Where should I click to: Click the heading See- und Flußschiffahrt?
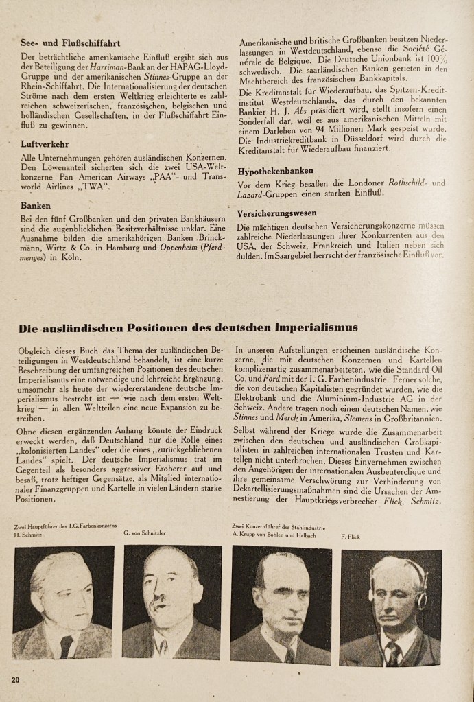(63, 43)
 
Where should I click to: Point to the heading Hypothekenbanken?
(276, 171)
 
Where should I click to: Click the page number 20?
(16, 679)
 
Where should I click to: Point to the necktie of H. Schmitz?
(65, 646)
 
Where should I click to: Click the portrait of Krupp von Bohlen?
(280, 605)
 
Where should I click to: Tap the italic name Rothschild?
(405, 183)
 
